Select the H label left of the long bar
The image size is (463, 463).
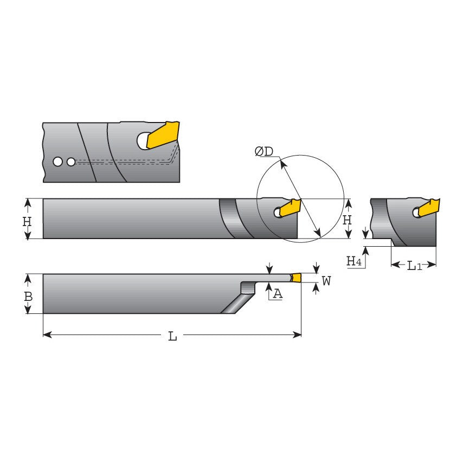coord(27,221)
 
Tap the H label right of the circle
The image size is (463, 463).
coord(348,220)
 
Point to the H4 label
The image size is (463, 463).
coord(354,262)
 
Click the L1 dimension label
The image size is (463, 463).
coord(414,265)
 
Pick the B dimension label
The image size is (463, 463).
coord(28,297)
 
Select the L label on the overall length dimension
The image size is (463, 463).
coord(172,336)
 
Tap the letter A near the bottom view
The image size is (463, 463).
coord(277,294)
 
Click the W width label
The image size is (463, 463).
coord(326,281)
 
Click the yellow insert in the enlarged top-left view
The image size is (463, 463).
coord(163,134)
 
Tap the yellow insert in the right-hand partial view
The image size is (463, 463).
coord(430,208)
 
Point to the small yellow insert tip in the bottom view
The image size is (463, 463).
coord(296,278)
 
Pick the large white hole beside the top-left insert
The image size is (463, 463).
coord(143,141)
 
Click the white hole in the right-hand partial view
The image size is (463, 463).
coord(416,213)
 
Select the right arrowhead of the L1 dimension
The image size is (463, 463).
coord(433,265)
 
